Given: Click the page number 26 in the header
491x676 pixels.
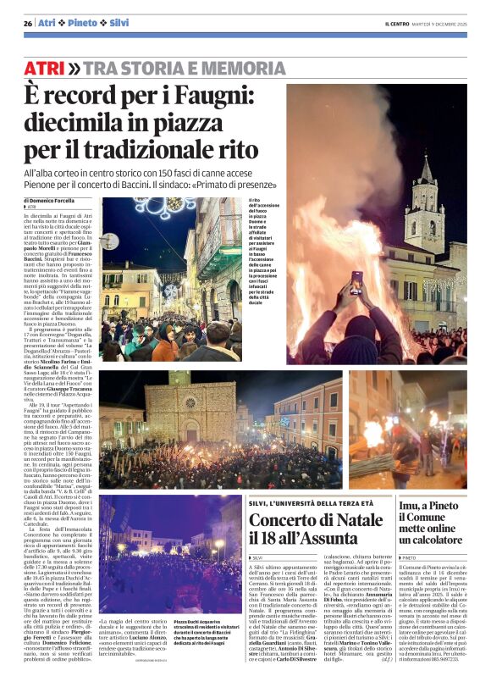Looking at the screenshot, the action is pos(28,23).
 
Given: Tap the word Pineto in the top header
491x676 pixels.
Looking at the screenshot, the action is pos(83,23).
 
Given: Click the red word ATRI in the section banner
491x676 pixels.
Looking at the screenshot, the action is pos(45,68).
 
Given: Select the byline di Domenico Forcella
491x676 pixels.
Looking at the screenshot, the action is pos(61,200).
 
